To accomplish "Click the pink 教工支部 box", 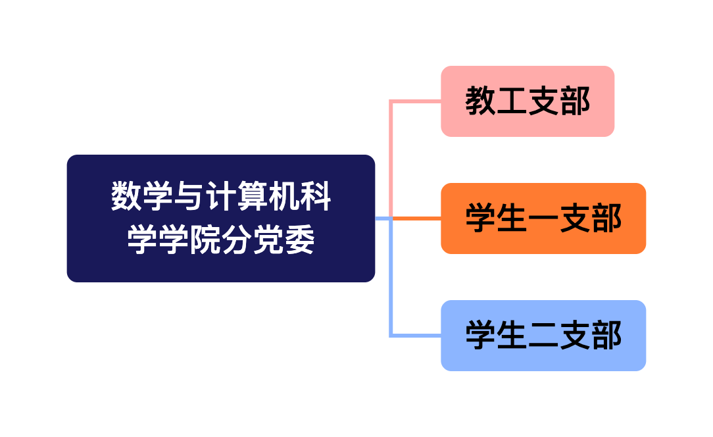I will (x=528, y=101).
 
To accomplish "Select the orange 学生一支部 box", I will (x=543, y=218).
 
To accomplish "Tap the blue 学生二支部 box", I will (x=543, y=336).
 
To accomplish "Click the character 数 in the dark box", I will (x=127, y=197).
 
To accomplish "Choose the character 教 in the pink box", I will (x=481, y=101).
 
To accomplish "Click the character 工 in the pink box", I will (x=512, y=101).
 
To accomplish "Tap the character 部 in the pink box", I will (x=575, y=101).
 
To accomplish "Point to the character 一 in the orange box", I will (x=543, y=218).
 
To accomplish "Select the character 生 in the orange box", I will (x=512, y=218).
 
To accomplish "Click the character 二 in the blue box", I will (x=543, y=336).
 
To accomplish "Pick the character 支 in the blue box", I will (x=575, y=336).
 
